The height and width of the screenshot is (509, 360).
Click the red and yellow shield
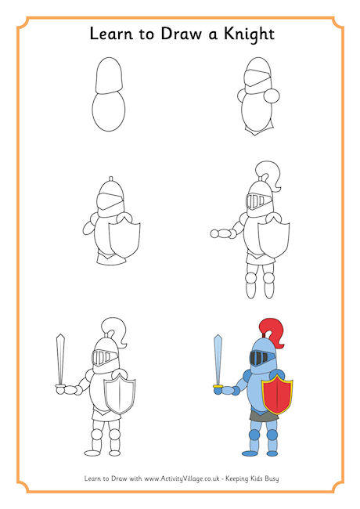point(277,393)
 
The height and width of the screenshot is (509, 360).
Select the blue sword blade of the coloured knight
point(219,357)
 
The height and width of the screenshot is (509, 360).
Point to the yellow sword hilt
point(218,385)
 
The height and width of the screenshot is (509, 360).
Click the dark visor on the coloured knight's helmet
point(259,359)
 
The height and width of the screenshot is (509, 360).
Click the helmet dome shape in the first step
point(108,77)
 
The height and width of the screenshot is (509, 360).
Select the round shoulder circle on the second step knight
point(273,96)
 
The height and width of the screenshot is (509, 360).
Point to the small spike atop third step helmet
point(110,178)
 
